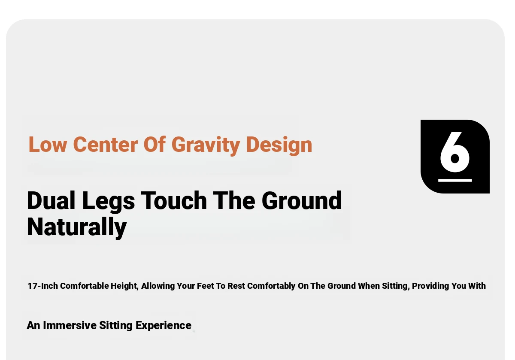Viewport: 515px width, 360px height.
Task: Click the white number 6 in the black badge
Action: [455, 152]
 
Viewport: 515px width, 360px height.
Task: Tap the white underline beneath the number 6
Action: [455, 181]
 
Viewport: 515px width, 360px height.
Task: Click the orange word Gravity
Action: [206, 145]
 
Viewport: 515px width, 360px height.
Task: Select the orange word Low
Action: [48, 145]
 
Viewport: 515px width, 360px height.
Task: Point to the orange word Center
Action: [106, 145]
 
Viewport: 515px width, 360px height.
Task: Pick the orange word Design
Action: [279, 145]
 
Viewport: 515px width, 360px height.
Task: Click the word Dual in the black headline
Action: [51, 200]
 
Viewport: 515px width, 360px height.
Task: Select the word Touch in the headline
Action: [174, 200]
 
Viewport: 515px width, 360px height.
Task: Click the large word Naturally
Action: [77, 227]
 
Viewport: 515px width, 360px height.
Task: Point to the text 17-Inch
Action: [43, 286]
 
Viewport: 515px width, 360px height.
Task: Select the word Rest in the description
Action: [236, 286]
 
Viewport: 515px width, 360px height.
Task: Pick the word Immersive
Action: [70, 326]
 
